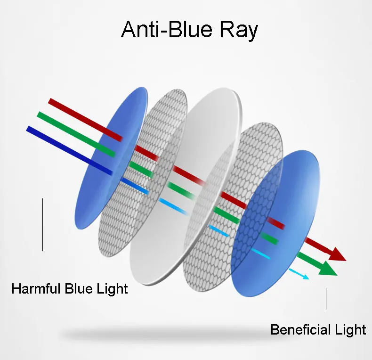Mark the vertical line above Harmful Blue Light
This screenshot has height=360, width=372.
(x=42, y=224)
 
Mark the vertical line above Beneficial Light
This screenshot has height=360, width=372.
(x=326, y=299)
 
